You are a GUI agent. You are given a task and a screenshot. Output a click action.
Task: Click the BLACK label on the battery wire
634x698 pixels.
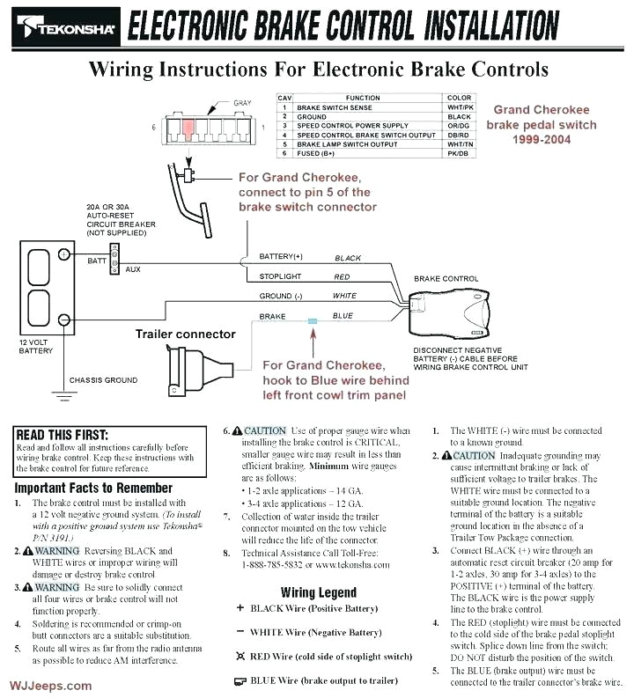tap(348, 258)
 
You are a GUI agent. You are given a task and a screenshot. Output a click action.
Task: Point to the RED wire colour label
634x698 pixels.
tap(342, 277)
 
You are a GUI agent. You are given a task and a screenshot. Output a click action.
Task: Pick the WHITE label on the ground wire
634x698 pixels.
tap(344, 297)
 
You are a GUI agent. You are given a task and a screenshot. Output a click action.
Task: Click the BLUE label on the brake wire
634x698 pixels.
tap(343, 316)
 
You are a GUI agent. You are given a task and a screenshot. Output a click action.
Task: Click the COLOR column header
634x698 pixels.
tap(459, 98)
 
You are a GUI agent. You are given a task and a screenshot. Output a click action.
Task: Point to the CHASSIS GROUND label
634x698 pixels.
tap(104, 380)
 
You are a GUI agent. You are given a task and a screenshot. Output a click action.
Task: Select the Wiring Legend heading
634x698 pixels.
tap(318, 592)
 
